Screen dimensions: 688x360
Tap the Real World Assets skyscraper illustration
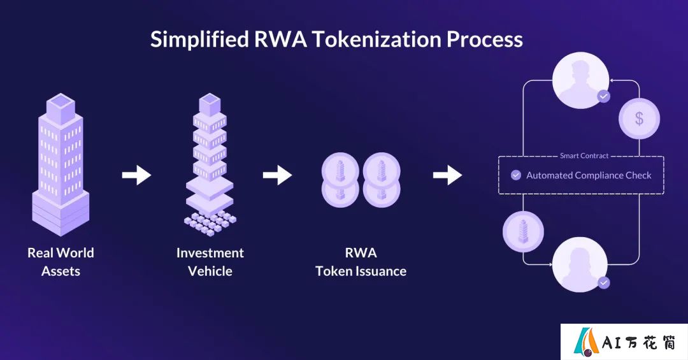pyautogui.click(x=61, y=164)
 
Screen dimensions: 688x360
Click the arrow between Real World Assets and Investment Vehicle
pyautogui.click(x=136, y=175)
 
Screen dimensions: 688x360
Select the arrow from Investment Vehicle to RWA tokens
pyautogui.click(x=277, y=175)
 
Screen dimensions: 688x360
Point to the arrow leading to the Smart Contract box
pyautogui.click(x=448, y=175)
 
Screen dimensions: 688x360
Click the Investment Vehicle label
pyautogui.click(x=210, y=262)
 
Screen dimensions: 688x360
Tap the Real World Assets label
pyautogui.click(x=61, y=262)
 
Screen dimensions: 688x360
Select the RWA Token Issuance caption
pyautogui.click(x=361, y=262)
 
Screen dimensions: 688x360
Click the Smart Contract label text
pyautogui.click(x=584, y=156)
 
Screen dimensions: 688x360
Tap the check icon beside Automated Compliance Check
pyautogui.click(x=516, y=175)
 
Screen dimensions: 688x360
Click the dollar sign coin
pyautogui.click(x=640, y=119)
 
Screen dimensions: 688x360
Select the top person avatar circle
pyautogui.click(x=580, y=80)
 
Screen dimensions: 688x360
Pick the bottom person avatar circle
pyautogui.click(x=580, y=264)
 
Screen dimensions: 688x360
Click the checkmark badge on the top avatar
pyautogui.click(x=604, y=96)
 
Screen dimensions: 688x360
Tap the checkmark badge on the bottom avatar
pyautogui.click(x=604, y=283)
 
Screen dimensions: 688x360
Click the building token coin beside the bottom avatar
pyautogui.click(x=523, y=231)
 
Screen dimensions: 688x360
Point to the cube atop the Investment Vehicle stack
pyautogui.click(x=210, y=104)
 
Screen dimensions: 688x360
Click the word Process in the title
pyautogui.click(x=485, y=40)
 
